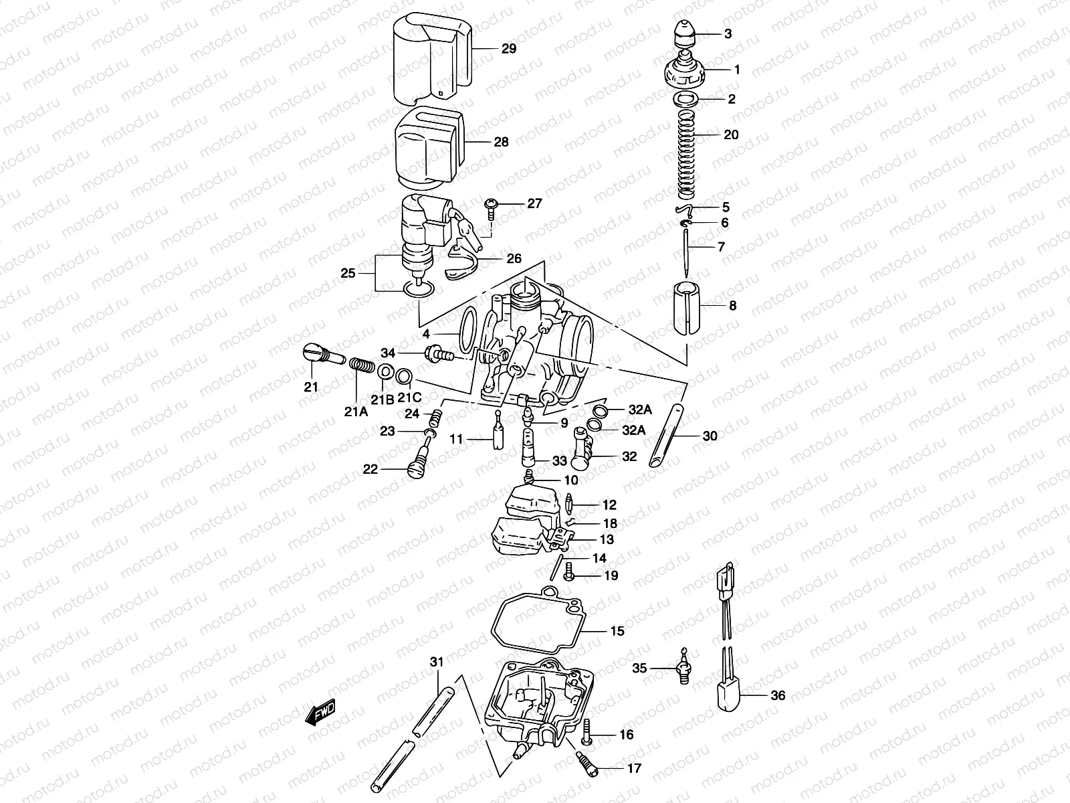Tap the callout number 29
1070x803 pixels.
click(509, 49)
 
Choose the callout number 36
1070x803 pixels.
click(777, 695)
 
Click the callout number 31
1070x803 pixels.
click(437, 662)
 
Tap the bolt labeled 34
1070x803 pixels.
click(437, 353)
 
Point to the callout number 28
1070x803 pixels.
click(501, 142)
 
